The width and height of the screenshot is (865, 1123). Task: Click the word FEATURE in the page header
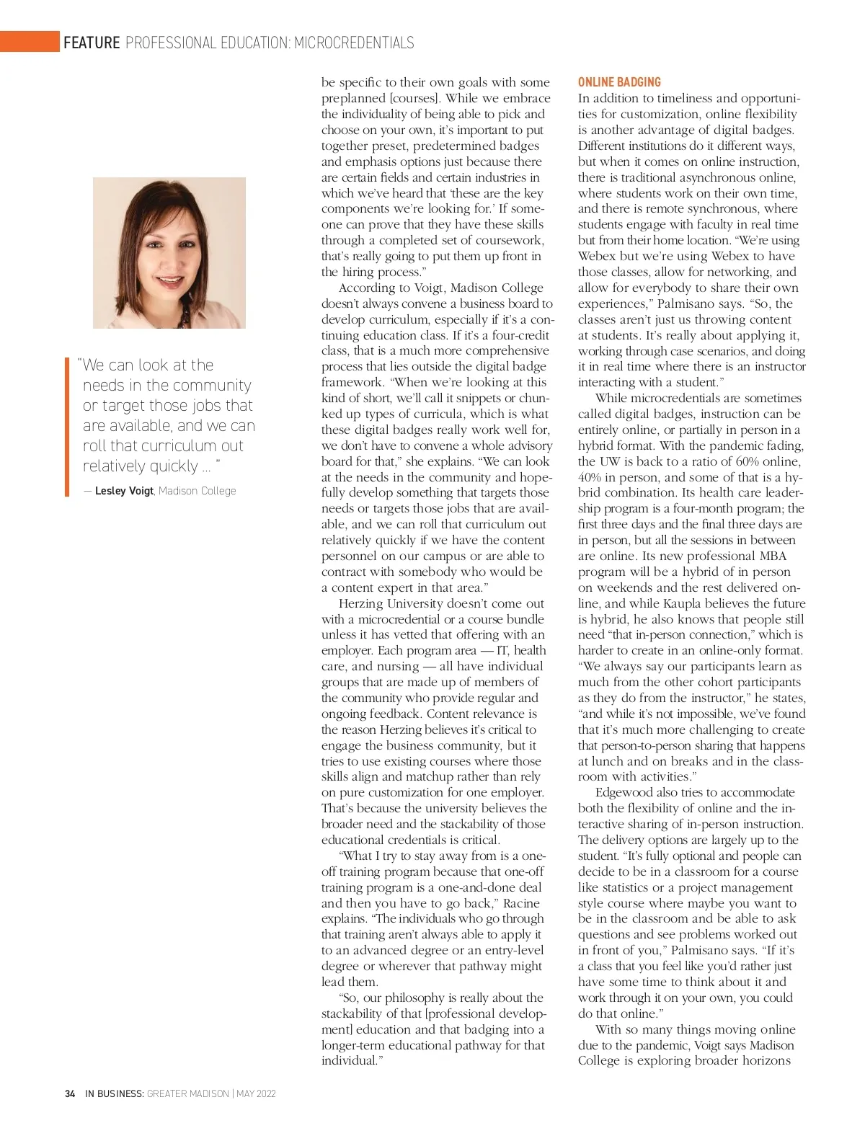[92, 43]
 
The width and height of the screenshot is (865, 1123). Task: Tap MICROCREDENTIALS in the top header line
[354, 43]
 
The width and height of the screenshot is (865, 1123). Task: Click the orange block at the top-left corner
[30, 42]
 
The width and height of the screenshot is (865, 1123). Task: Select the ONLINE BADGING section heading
[619, 82]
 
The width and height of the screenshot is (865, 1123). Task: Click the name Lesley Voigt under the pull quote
[124, 491]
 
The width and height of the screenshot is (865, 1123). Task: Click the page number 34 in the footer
[70, 1094]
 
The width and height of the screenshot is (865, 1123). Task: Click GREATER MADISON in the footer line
[188, 1094]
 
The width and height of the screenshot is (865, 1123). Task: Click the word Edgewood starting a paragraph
[624, 792]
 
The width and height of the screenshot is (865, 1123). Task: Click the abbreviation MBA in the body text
[773, 556]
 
